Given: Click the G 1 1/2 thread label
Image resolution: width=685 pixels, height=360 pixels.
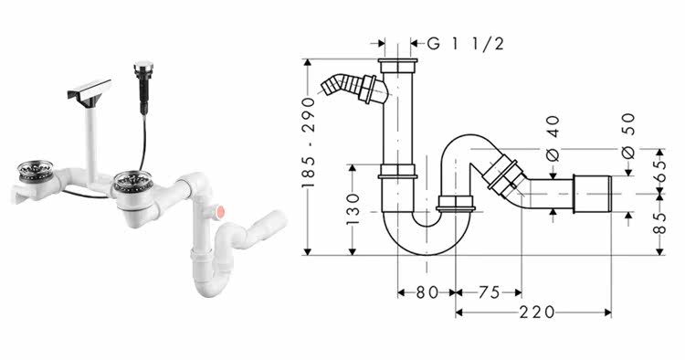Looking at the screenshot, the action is [466, 44].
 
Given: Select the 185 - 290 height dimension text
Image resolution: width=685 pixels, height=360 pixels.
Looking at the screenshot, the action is [309, 143].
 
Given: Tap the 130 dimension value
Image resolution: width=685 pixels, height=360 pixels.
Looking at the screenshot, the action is [353, 209].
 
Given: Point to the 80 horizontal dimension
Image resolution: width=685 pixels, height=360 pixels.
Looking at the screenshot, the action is [427, 292].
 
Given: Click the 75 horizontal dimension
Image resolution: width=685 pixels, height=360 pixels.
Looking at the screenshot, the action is [489, 292].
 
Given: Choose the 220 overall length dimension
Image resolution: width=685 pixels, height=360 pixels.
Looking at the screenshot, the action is [537, 312].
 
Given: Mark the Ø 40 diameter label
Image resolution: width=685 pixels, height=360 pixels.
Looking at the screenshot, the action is [553, 139].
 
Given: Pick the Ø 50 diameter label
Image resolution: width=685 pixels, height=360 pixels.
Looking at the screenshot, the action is [628, 136].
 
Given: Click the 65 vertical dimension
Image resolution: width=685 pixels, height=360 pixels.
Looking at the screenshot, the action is [660, 171].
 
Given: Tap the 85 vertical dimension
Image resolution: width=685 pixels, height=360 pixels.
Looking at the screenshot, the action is [660, 223].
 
